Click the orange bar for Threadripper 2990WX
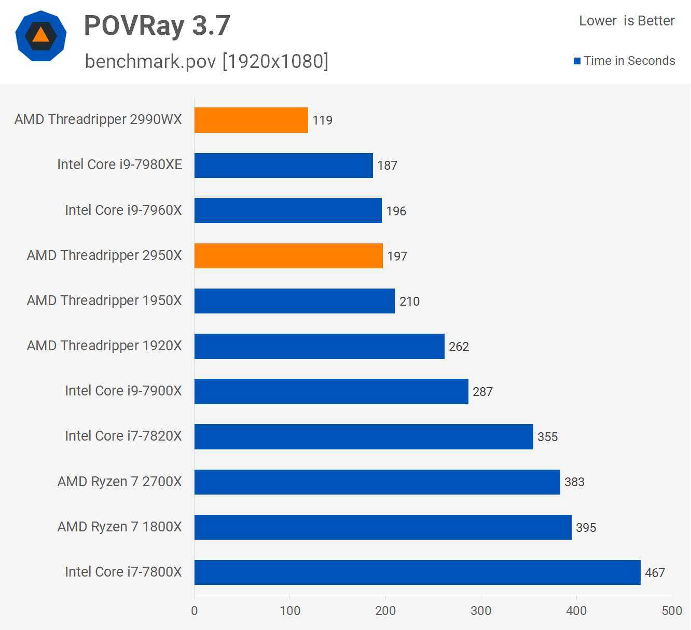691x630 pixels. [x=251, y=120]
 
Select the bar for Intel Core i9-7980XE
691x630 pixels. [x=283, y=166]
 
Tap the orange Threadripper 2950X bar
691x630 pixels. [x=288, y=256]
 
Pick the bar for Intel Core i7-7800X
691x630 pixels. [x=417, y=572]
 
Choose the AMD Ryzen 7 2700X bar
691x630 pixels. [x=377, y=482]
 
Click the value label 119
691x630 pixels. [x=322, y=120]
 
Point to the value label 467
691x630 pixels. [x=655, y=573]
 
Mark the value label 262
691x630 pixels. [x=459, y=347]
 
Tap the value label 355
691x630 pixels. [x=547, y=437]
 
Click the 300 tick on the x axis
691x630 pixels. [x=481, y=611]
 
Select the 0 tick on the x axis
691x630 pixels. [x=195, y=611]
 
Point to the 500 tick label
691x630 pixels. [x=672, y=611]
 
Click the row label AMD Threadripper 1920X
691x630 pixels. [x=104, y=346]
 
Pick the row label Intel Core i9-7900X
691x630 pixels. [x=123, y=391]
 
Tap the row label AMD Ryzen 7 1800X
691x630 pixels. [x=120, y=527]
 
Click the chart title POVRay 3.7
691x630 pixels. [x=157, y=25]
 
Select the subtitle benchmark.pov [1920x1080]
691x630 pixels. [x=206, y=61]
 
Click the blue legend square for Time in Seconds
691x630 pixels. [x=577, y=61]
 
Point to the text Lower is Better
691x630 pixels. [x=627, y=21]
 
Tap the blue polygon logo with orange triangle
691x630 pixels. [x=41, y=36]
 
